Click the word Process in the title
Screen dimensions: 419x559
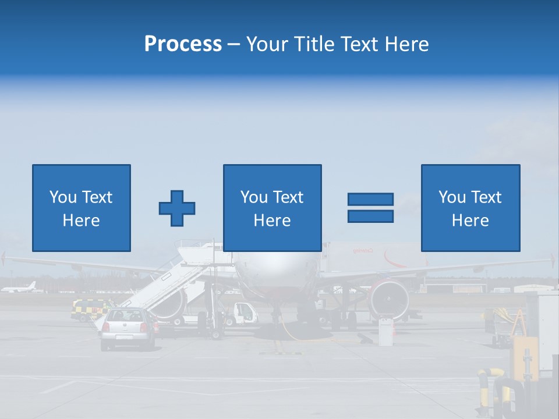pos(183,44)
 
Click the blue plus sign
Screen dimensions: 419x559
pos(177,208)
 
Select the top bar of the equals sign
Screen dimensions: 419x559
pos(370,199)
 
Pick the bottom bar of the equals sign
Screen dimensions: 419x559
pos(370,216)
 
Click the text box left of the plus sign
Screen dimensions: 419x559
pos(81,208)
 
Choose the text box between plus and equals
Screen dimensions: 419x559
pos(272,208)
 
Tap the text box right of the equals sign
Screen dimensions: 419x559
pos(470,208)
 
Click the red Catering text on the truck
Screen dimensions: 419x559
pos(362,250)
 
